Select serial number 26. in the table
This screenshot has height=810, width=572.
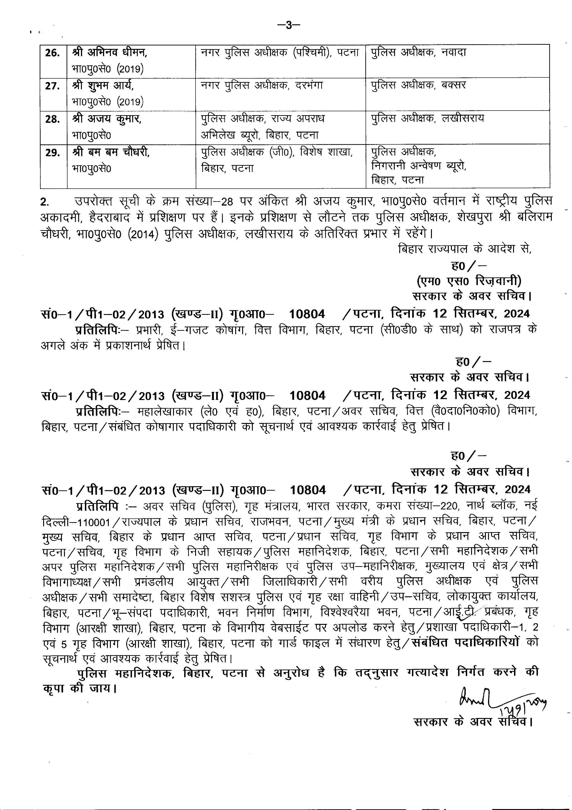pyautogui.click(x=52, y=53)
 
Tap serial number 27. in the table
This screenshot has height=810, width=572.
pyautogui.click(x=52, y=86)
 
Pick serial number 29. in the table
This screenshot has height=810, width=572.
pyautogui.click(x=52, y=153)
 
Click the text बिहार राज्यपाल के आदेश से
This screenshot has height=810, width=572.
pyautogui.click(x=465, y=249)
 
